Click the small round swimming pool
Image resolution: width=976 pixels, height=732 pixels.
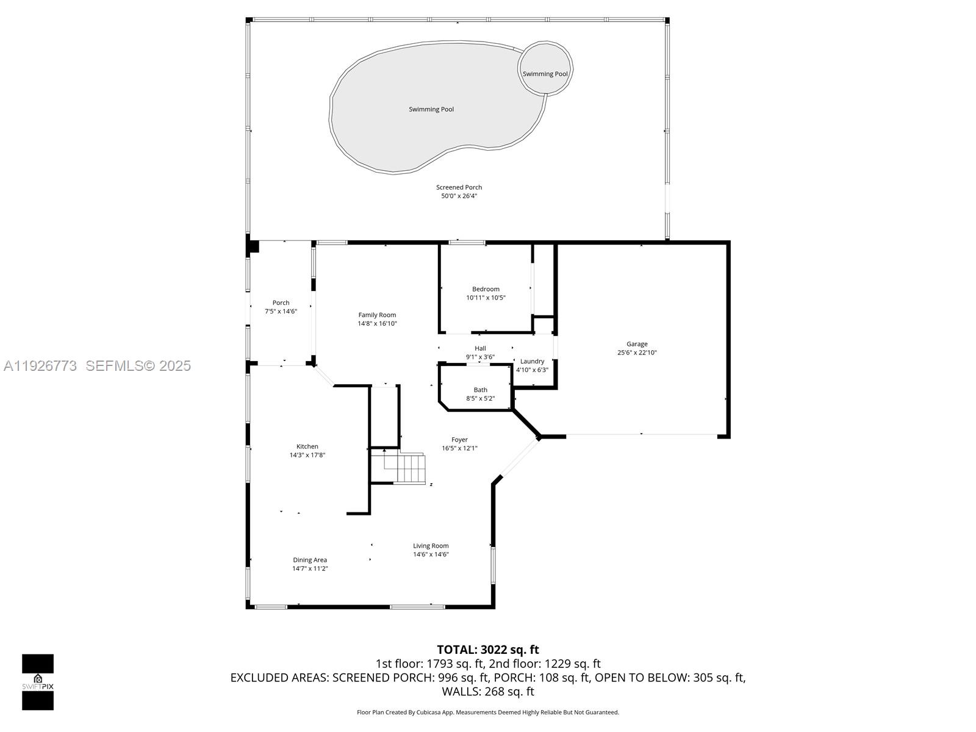tap(545, 68)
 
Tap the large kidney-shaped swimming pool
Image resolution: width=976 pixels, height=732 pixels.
tap(431, 109)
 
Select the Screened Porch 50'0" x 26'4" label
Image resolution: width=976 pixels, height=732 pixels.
tap(459, 192)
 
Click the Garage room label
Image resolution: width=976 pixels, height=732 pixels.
tap(637, 344)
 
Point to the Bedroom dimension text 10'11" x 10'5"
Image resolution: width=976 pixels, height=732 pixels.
tap(486, 298)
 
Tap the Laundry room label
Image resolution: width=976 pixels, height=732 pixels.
tap(532, 361)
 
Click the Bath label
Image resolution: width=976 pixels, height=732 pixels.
tap(481, 390)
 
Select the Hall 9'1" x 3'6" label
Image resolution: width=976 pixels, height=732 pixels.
tap(480, 353)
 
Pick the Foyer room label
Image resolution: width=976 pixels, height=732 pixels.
tap(459, 440)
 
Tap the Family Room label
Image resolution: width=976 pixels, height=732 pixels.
tap(377, 315)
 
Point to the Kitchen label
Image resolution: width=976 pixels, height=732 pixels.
tap(307, 447)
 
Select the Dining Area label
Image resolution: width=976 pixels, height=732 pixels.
tap(310, 560)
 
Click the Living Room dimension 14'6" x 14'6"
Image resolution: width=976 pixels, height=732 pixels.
tap(431, 554)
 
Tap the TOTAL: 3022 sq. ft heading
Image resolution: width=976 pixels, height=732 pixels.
tap(488, 650)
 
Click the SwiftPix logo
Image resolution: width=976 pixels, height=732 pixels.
tap(38, 682)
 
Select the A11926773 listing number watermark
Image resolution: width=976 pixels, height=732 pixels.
tap(40, 365)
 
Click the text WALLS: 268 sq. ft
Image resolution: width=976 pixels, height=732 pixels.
tap(488, 691)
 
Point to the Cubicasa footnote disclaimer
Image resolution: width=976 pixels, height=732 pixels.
tap(488, 712)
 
